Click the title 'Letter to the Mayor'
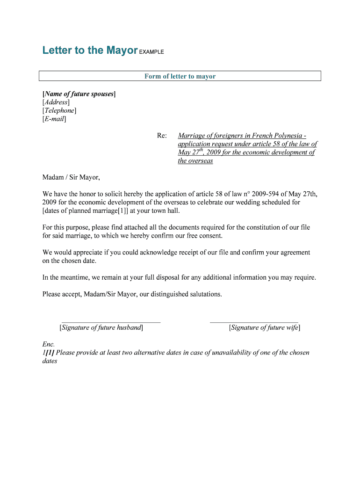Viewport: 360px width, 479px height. click(x=90, y=51)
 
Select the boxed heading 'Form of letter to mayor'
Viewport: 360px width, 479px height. click(x=180, y=76)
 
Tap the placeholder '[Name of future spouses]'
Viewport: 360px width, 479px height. click(x=79, y=94)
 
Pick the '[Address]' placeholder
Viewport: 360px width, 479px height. click(x=56, y=102)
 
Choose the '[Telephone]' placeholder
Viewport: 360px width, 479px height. click(x=59, y=111)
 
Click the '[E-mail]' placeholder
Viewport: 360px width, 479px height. click(x=54, y=119)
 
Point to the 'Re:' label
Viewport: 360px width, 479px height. click(x=162, y=136)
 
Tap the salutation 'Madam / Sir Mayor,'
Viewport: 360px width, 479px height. click(x=71, y=177)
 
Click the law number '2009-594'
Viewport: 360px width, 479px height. click(x=265, y=194)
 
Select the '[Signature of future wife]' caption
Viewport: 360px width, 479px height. click(x=265, y=328)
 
